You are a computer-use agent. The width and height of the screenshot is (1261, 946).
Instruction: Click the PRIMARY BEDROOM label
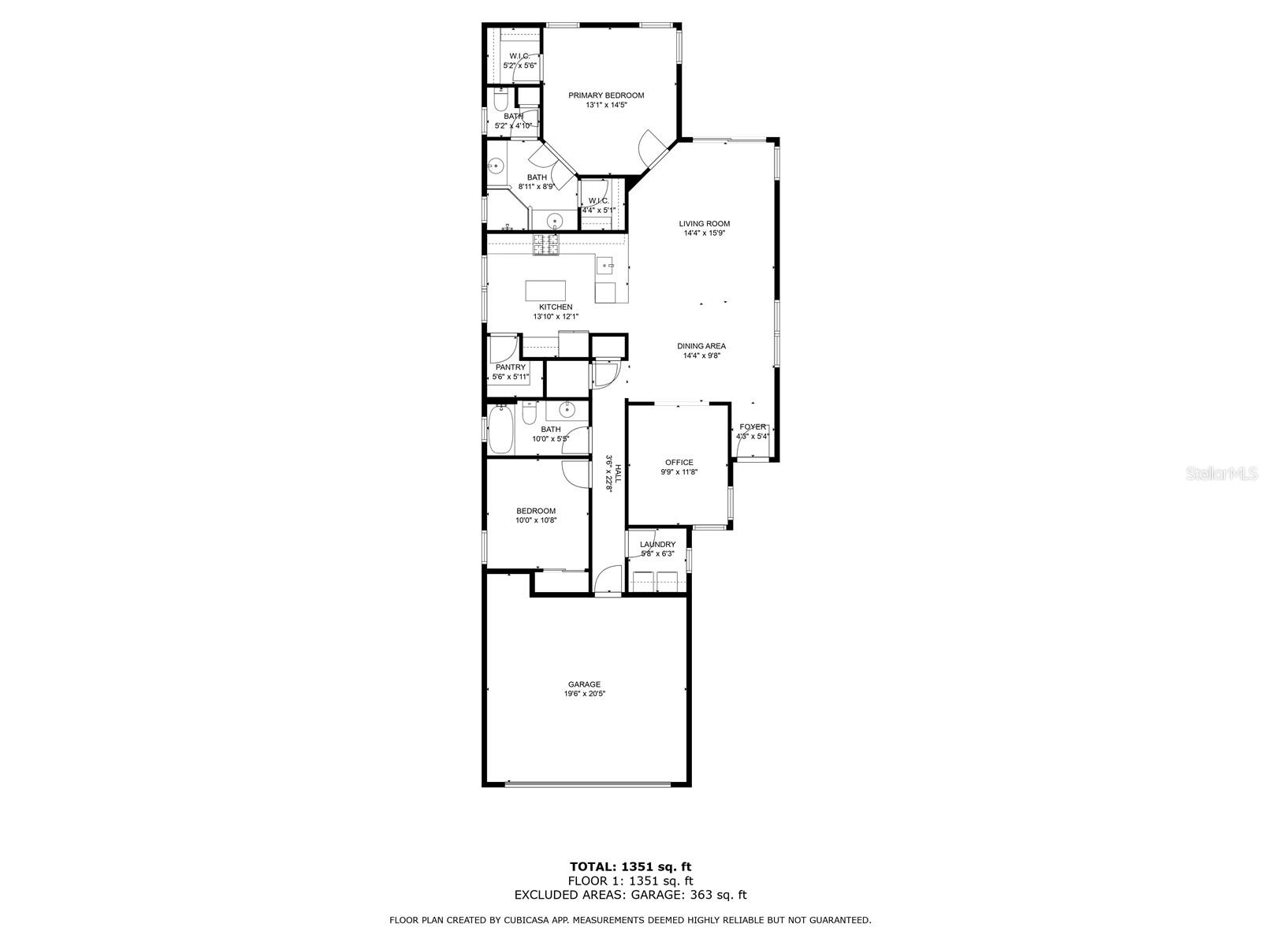[x=606, y=95]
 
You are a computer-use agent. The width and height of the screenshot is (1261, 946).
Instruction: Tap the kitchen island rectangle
[x=546, y=290]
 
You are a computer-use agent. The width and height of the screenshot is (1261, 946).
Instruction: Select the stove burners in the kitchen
[x=545, y=244]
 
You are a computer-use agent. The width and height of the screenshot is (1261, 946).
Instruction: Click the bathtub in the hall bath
[x=500, y=430]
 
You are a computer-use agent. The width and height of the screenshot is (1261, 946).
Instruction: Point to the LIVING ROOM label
[x=705, y=223]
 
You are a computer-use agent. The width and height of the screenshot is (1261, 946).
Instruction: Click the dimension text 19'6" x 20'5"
[x=584, y=694]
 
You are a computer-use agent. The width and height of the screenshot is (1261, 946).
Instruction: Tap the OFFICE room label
[x=679, y=463]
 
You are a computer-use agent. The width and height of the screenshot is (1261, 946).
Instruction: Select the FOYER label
[x=752, y=426]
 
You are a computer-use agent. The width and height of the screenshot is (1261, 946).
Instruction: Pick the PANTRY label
[x=511, y=367]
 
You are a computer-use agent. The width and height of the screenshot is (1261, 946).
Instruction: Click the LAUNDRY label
[x=657, y=544]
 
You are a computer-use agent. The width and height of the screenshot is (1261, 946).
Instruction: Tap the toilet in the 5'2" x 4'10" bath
[x=500, y=102]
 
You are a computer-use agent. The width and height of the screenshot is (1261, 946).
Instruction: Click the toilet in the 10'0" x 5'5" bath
[x=530, y=412]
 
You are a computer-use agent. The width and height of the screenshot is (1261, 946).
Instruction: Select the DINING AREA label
[x=701, y=346]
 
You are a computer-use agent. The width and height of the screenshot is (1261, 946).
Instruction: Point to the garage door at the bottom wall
[x=587, y=784]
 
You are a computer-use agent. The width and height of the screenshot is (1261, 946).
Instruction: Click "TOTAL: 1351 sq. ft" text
[x=630, y=867]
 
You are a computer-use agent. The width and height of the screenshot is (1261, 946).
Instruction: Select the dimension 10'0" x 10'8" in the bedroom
[x=536, y=520]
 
